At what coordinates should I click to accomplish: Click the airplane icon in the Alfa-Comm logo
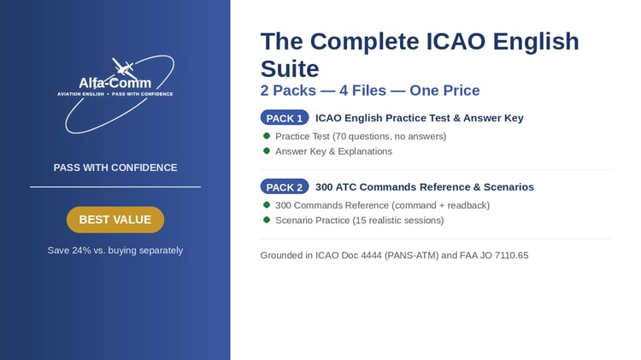(x=124, y=68)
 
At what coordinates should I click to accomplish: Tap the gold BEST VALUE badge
(x=115, y=220)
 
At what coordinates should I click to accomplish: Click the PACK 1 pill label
(x=285, y=118)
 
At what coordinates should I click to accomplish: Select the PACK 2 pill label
(x=285, y=187)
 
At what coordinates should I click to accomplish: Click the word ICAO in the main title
(x=456, y=41)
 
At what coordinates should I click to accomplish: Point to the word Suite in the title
(x=290, y=68)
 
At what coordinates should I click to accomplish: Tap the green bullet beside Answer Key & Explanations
(x=267, y=151)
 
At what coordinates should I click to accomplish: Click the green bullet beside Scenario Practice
(x=267, y=220)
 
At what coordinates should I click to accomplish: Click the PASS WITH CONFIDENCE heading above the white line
(x=115, y=168)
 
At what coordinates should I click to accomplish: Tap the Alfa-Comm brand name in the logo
(x=115, y=83)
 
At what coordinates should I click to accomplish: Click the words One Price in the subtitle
(x=444, y=91)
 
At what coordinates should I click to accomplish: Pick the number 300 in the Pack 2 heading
(x=324, y=187)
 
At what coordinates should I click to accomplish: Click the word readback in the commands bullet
(x=468, y=205)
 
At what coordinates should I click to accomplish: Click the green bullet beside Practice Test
(x=267, y=136)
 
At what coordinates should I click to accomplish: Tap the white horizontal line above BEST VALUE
(x=115, y=187)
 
